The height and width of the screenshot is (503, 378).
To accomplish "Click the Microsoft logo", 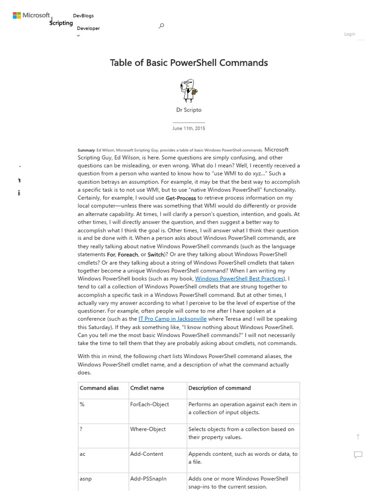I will coord(31,16).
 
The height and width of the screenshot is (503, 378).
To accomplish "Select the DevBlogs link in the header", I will coord(83,16).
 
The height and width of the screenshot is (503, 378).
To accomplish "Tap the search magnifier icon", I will coord(161,26).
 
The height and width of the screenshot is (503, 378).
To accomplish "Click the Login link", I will coord(349,34).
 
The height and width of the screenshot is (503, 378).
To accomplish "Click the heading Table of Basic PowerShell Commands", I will coord(189,63).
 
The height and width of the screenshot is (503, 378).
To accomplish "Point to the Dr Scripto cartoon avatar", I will coord(189,90).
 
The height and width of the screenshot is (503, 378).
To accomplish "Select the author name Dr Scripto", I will coord(189,110).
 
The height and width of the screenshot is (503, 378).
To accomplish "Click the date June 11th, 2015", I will coord(189,128).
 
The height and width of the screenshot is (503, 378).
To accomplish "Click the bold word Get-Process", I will coord(181,198).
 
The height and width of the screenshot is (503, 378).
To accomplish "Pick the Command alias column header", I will coord(99,388).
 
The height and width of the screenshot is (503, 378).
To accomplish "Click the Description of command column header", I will coord(220,388).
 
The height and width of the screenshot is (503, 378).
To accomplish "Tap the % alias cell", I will coord(82,404).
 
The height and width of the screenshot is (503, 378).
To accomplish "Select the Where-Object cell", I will coord(148,429).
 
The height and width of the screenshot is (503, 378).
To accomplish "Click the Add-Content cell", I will coord(147,454).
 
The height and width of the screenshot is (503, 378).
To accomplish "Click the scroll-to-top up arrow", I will coord(358,437).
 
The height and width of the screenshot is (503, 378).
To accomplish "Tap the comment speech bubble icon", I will coord(358,455).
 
